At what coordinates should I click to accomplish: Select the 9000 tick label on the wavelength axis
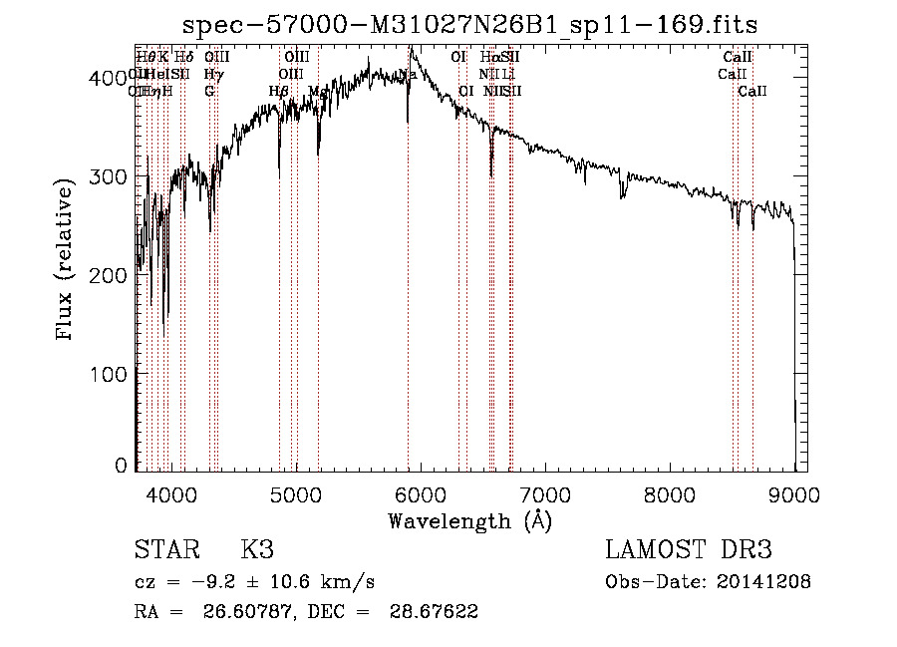pyautogui.click(x=795, y=493)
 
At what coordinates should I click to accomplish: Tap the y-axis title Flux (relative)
pyautogui.click(x=66, y=261)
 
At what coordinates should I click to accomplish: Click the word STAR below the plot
pyautogui.click(x=164, y=550)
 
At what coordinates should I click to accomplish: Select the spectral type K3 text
pyautogui.click(x=256, y=550)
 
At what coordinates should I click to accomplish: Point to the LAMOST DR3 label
pyautogui.click(x=689, y=550)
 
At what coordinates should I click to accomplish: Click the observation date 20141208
pyautogui.click(x=765, y=582)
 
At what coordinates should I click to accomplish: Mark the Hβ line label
pyautogui.click(x=278, y=91)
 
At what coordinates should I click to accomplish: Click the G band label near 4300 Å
pyautogui.click(x=209, y=91)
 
